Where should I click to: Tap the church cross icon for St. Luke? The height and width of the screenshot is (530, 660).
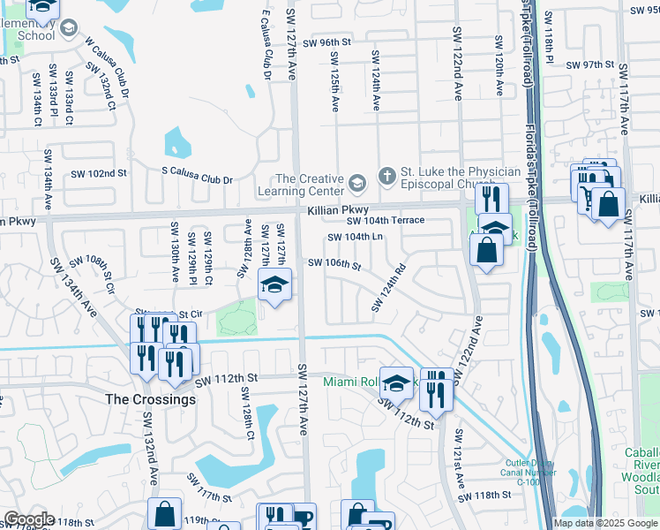click(x=386, y=177)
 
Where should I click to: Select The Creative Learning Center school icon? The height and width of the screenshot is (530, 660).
click(x=356, y=184)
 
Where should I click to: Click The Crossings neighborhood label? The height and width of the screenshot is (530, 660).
click(x=151, y=399)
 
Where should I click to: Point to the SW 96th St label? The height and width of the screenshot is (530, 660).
click(x=326, y=42)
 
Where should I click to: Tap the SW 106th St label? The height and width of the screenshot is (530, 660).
click(x=334, y=263)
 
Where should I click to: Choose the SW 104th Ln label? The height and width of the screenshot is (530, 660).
click(x=356, y=237)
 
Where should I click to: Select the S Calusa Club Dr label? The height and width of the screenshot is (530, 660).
click(x=196, y=178)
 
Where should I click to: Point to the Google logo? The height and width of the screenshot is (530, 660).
click(x=28, y=519)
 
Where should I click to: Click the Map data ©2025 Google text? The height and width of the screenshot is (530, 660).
click(x=605, y=523)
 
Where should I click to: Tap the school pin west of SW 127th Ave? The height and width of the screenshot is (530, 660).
click(x=274, y=285)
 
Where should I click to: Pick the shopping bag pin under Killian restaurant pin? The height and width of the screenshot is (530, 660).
click(x=487, y=250)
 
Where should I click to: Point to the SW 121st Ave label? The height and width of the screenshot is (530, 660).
click(x=459, y=454)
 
